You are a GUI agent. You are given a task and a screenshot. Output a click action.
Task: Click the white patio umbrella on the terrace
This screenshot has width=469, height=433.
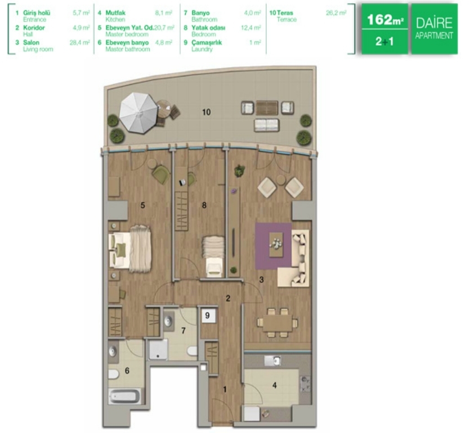point(139,113)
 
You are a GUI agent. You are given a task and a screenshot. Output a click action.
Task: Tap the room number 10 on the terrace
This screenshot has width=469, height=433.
point(207,112)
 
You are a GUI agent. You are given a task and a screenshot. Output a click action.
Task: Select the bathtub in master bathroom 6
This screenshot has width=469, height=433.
point(124,396)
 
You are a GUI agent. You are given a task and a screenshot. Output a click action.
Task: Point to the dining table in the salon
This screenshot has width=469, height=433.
point(277,323)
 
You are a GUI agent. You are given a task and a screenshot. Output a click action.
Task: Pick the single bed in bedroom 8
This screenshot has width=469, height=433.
point(214,255)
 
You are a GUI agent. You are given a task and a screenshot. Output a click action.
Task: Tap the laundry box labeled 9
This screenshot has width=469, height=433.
point(208,315)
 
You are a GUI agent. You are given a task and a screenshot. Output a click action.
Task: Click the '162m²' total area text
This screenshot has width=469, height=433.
point(385,20)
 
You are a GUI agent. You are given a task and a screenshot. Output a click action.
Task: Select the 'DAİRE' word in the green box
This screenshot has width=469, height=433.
point(434,23)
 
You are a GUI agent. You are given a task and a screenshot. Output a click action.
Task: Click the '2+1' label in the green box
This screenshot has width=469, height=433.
point(385,41)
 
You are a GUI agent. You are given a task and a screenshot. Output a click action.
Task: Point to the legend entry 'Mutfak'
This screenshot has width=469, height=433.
point(115,13)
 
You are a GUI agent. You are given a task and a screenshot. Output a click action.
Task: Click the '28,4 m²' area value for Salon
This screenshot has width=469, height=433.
point(79,42)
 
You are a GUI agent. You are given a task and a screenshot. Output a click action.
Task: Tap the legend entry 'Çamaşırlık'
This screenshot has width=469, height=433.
point(207,42)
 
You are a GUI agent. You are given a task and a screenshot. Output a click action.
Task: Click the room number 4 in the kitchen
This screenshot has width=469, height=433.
point(275,385)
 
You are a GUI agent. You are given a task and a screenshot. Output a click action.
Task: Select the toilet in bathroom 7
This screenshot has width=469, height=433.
point(192,351)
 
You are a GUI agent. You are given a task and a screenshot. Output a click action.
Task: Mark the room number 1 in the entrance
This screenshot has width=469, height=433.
point(225,389)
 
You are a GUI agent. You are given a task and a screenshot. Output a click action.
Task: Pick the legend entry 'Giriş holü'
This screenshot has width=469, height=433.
point(37,13)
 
